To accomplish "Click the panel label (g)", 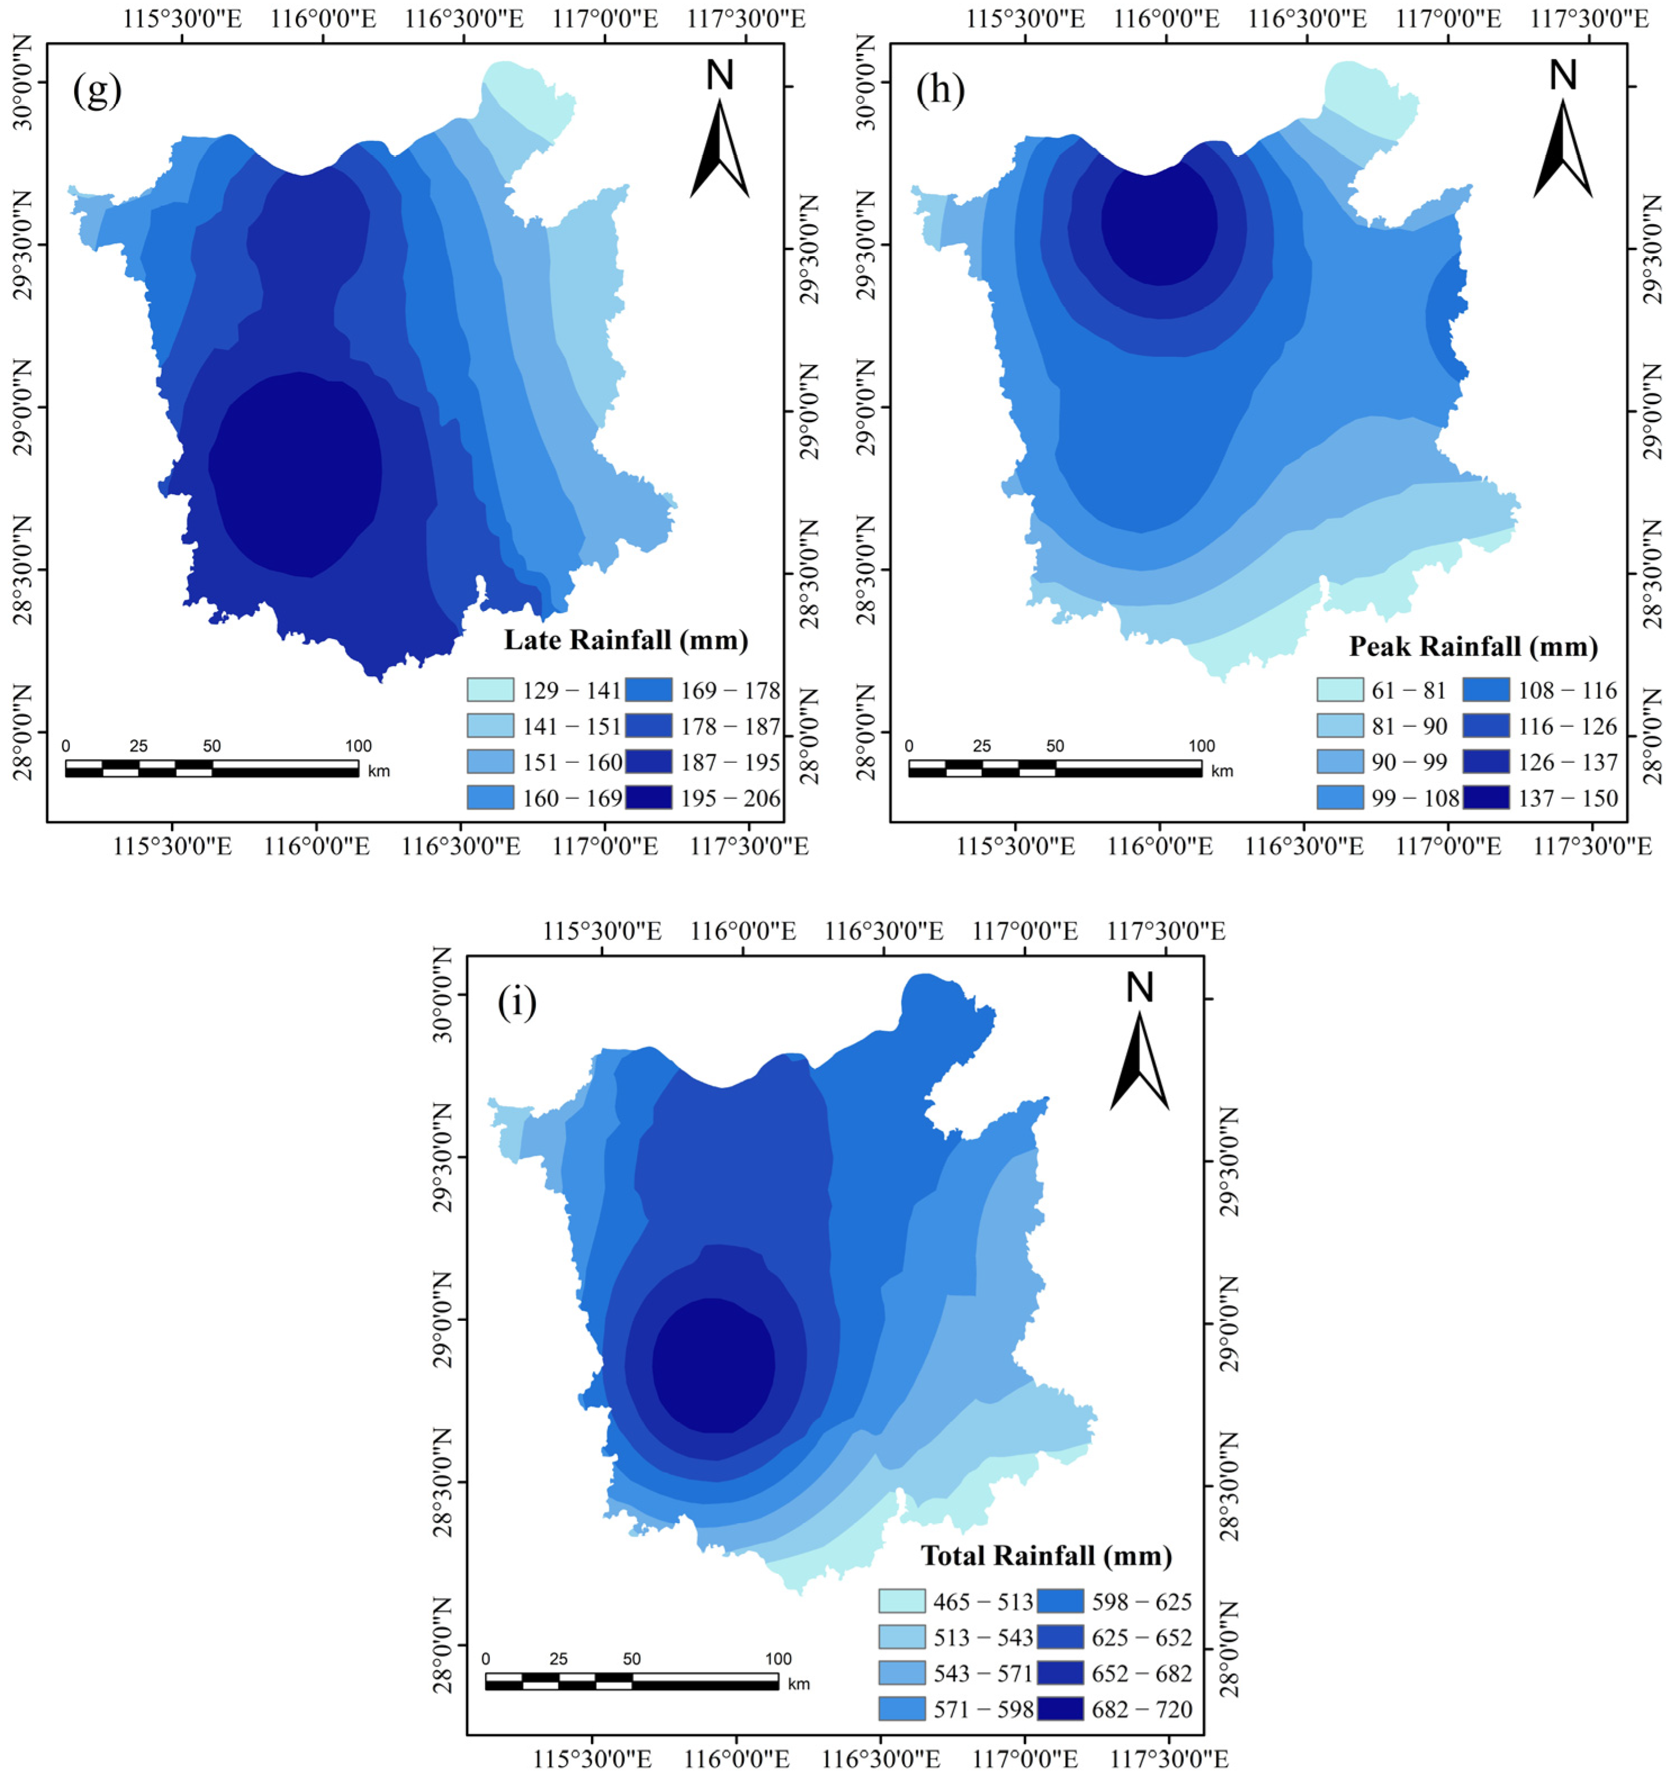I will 97,91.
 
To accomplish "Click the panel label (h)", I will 939,91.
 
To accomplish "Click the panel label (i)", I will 517,1004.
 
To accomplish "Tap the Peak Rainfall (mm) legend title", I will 1473,646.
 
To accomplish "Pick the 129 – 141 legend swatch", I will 490,690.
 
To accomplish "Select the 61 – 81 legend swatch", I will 1340,690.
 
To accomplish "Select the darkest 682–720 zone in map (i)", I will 713,1365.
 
